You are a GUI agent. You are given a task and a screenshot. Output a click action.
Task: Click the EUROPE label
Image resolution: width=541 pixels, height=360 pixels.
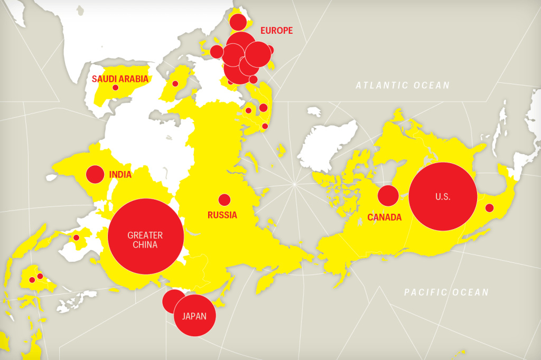coord(276,31)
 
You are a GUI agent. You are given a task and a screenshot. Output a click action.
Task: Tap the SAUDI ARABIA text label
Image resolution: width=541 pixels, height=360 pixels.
coord(120,79)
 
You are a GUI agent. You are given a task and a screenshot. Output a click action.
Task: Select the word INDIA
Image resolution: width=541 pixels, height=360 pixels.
coord(120,174)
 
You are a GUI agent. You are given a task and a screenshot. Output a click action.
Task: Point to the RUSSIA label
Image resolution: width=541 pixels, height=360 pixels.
coord(222,215)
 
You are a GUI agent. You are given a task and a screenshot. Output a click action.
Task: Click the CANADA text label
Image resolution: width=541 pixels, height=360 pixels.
coord(385,217)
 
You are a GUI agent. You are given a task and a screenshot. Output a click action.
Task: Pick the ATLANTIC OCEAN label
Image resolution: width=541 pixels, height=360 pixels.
coord(403,86)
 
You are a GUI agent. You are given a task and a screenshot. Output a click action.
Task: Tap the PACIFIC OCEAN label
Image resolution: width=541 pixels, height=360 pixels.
coord(446,292)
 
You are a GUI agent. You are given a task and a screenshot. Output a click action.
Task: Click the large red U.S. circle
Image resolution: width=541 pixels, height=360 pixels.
coord(443,196)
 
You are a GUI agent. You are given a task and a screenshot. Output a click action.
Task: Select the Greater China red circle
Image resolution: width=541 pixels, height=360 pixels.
coord(145,236)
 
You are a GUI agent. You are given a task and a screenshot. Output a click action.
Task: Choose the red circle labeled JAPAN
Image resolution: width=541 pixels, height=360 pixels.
coord(195,316)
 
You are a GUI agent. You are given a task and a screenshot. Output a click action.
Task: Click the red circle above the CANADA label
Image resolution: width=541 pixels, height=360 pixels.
coord(388,196)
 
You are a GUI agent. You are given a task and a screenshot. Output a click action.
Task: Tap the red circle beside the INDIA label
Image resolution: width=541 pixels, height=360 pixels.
coord(95,174)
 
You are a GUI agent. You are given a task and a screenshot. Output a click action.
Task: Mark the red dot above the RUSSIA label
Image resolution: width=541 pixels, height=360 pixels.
coord(225,200)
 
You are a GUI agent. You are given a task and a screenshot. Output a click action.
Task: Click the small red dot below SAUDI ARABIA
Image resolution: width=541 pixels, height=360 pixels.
coord(115,88)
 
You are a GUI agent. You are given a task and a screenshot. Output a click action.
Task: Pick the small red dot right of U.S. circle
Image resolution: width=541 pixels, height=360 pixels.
coord(489,208)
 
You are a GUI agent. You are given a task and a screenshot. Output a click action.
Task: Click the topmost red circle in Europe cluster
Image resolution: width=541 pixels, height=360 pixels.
coord(238,22)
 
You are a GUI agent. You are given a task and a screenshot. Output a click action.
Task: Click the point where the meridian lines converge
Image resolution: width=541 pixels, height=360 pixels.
coord(294,184)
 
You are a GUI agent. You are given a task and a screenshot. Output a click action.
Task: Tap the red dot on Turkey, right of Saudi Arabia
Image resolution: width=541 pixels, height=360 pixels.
coord(175,83)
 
